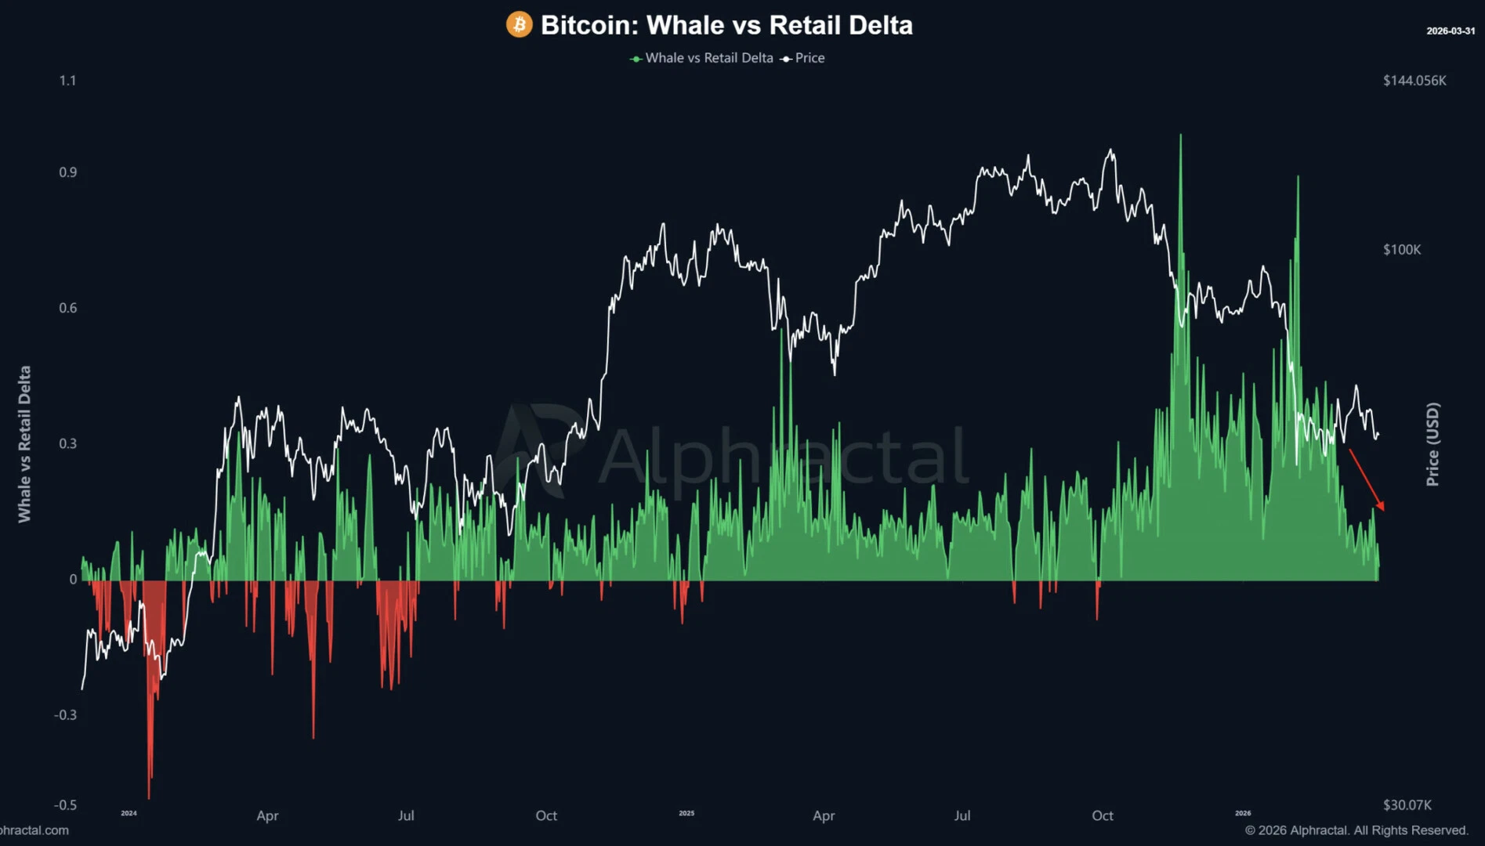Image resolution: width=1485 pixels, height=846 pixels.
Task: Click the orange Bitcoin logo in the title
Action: tap(519, 24)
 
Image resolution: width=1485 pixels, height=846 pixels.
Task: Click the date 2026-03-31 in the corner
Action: tap(1450, 31)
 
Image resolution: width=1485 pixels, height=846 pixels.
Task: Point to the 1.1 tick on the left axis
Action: tap(67, 80)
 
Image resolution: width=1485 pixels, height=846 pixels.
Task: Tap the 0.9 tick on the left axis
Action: tap(67, 172)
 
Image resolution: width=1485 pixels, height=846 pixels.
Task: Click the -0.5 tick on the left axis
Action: tap(65, 804)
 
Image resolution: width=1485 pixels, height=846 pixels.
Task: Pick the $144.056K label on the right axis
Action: tap(1414, 80)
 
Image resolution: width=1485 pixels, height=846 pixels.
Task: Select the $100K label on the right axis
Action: tap(1401, 249)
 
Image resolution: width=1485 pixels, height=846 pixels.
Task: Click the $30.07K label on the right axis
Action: tap(1407, 804)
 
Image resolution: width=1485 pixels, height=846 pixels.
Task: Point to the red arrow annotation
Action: tap(1366, 479)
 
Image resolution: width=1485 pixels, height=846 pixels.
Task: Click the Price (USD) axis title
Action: tap(1432, 444)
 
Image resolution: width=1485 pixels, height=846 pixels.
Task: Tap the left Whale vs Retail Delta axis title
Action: tap(24, 444)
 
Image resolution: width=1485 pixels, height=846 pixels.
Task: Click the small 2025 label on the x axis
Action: tap(686, 813)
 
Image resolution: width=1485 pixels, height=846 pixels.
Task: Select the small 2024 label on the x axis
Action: tap(129, 813)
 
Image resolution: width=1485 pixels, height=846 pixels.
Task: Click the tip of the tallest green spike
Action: tap(1180, 136)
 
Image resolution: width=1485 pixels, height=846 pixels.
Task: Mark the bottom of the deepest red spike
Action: tap(149, 797)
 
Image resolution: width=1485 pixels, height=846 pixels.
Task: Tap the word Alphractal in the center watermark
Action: tap(784, 456)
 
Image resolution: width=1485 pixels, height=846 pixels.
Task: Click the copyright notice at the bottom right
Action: tap(1356, 830)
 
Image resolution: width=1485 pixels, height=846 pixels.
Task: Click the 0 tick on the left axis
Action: tap(73, 579)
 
